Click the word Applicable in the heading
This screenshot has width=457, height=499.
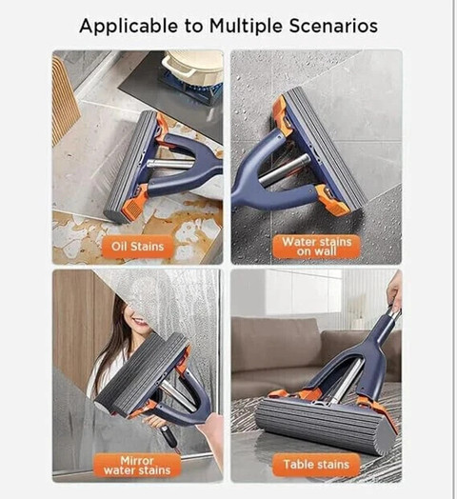(129, 26)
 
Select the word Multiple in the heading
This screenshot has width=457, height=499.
(246, 26)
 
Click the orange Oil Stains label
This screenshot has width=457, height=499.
(137, 247)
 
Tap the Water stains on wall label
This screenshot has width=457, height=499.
(316, 247)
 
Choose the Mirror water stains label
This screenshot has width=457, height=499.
(137, 466)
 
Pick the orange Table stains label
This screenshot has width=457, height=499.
(316, 465)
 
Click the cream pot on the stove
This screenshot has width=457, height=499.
(192, 67)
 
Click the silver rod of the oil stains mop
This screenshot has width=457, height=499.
(169, 164)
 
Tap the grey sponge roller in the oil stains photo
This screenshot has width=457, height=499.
(130, 166)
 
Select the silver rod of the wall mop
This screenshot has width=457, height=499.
(284, 170)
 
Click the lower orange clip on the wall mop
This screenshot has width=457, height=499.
(331, 201)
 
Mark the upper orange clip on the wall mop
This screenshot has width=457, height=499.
(282, 117)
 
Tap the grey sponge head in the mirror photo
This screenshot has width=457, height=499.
(143, 374)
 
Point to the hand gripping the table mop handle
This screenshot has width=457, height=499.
(394, 291)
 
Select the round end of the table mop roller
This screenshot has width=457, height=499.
(385, 438)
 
